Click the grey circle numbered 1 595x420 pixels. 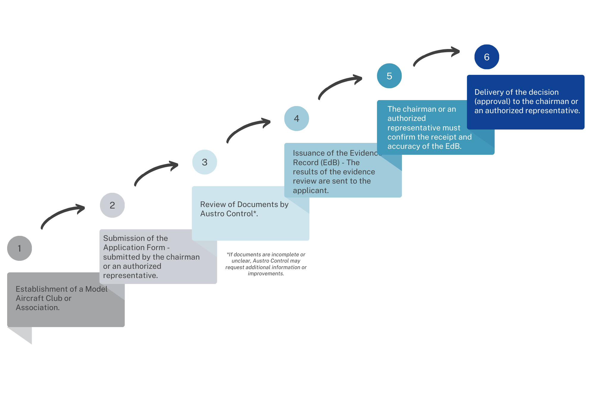19,248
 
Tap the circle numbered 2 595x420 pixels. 112,205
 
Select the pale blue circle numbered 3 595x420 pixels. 205,162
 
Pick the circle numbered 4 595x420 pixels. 297,119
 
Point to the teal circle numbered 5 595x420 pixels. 389,76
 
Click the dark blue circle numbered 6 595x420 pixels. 487,57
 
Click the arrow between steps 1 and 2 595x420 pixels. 59,212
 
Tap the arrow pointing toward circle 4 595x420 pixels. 245,126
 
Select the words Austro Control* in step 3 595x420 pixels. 229,214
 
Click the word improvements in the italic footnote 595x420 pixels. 266,274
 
